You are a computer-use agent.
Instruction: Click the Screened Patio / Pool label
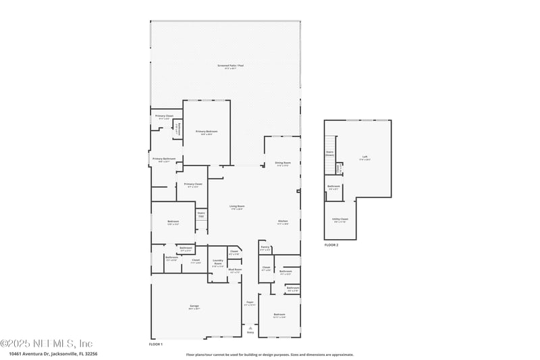pos(227,66)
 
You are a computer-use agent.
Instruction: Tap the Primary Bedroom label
pos(207,132)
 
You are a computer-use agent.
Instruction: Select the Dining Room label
pos(283,163)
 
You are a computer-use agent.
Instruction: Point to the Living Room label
pos(236,207)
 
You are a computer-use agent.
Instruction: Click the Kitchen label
pos(283,222)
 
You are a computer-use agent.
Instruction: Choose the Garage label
pos(194,307)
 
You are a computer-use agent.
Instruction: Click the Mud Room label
pos(235,270)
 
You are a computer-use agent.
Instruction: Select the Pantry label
pos(265,248)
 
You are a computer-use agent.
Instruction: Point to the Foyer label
pos(250,303)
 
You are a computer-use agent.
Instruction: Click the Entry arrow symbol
pos(250,328)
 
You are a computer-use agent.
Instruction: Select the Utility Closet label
pos(340,220)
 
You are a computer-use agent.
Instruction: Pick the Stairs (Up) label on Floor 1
pos(201,214)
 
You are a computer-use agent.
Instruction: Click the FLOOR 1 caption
pos(156,344)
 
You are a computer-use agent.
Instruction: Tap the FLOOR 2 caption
pos(331,245)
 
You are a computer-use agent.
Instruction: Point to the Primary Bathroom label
pos(164,159)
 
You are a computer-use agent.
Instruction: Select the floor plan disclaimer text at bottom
pos(269,354)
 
